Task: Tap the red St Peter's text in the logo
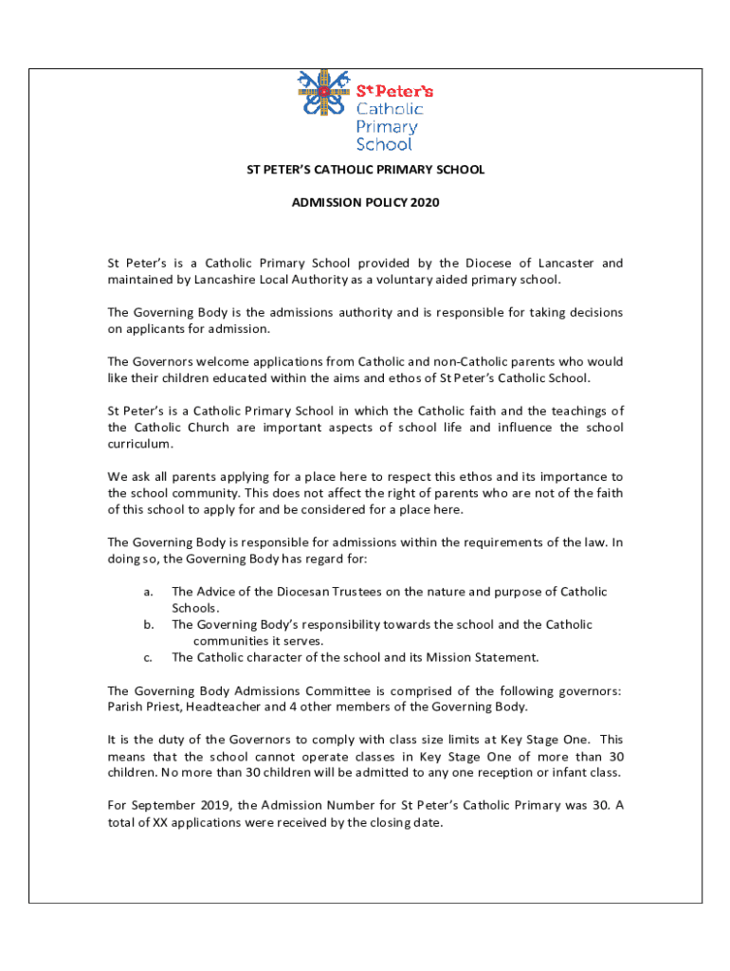click(394, 91)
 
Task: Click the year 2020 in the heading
click(426, 202)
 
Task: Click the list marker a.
click(148, 592)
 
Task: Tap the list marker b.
click(149, 625)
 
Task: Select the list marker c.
click(148, 657)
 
